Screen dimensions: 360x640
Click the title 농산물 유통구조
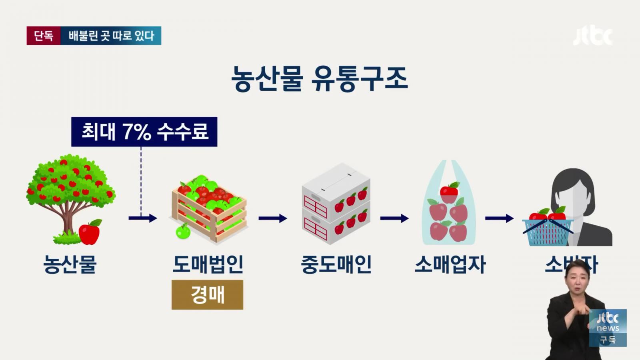tap(319, 79)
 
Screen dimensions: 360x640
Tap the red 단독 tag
tap(44, 36)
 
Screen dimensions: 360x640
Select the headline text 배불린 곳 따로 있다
tap(111, 36)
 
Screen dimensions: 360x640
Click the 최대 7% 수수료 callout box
tap(144, 132)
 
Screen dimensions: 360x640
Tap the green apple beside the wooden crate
tap(183, 232)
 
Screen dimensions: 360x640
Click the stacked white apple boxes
tap(336, 204)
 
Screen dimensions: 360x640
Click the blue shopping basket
tap(547, 232)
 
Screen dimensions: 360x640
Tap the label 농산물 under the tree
tap(70, 264)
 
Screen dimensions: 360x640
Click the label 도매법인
tap(208, 264)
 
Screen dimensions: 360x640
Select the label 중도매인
tap(336, 264)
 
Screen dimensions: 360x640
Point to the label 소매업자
tap(450, 264)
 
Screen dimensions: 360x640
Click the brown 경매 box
tap(207, 295)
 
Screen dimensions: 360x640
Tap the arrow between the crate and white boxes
tap(273, 218)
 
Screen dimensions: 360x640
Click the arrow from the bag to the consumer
tap(499, 218)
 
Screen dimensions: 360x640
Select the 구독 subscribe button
tap(608, 340)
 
